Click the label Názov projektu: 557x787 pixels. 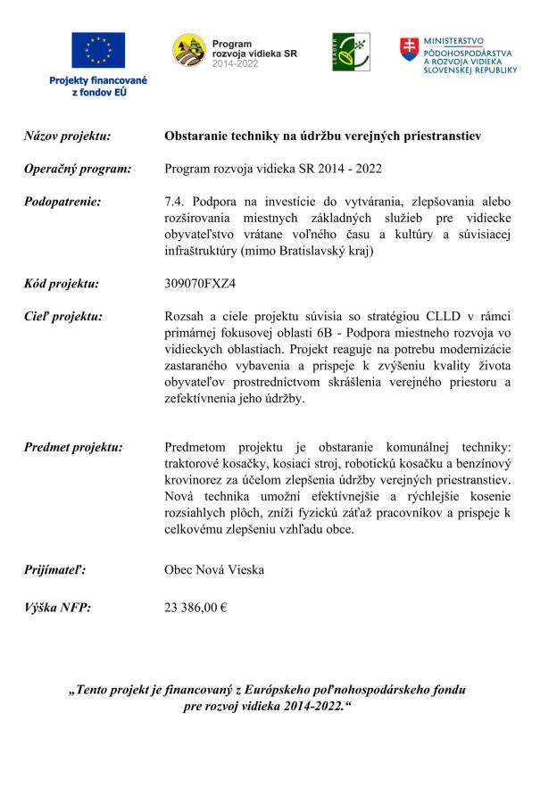67,137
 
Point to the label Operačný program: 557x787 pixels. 78,169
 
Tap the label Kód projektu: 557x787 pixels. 62,285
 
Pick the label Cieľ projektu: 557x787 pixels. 63,317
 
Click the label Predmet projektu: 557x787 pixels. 73,447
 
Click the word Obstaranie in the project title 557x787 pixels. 197,137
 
